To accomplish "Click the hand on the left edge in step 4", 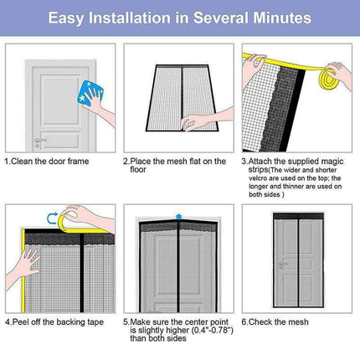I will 18,268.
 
